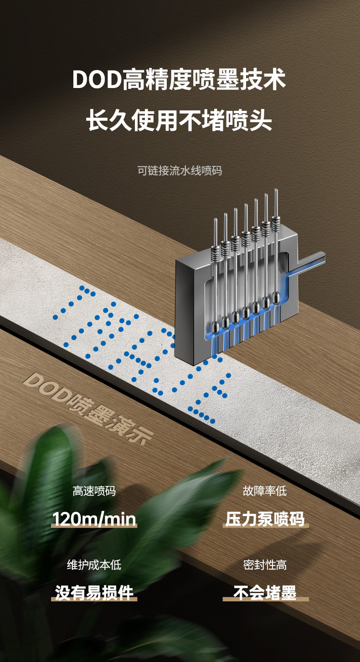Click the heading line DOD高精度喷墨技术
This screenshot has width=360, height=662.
[x=179, y=80]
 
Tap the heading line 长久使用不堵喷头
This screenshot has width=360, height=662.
[x=179, y=120]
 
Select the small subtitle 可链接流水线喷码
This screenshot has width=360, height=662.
[x=180, y=171]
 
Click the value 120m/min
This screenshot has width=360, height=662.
[x=94, y=519]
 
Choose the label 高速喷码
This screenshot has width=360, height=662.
[x=94, y=491]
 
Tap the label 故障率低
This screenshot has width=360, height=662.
[x=265, y=491]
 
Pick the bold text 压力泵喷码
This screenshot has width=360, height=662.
[x=265, y=519]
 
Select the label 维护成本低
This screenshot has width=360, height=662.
[x=94, y=565]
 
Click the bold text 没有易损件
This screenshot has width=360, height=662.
[x=94, y=593]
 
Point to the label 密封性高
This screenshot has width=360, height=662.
[x=265, y=565]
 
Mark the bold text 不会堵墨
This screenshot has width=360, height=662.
[x=265, y=593]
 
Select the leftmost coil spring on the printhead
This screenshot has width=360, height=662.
[x=215, y=253]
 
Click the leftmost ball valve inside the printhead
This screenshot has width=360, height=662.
[x=215, y=327]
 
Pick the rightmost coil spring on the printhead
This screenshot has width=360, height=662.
[x=276, y=223]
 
